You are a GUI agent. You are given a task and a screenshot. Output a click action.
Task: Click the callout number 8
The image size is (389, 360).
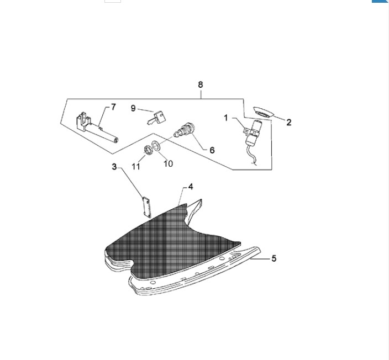[x=201, y=85]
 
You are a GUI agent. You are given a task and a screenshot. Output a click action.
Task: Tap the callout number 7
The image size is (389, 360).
[x=113, y=107]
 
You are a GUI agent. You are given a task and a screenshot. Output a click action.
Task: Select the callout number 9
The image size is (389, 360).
[x=133, y=108]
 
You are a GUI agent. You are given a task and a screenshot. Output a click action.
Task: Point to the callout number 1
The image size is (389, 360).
[x=226, y=118]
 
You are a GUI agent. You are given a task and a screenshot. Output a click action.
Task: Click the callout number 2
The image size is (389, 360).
[x=289, y=122]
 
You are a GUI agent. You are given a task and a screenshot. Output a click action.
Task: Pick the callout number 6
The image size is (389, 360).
[x=212, y=150]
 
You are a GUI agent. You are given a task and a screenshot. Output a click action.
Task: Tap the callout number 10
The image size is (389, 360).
[x=168, y=163]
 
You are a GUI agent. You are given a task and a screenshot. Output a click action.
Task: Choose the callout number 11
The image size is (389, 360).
[x=136, y=166]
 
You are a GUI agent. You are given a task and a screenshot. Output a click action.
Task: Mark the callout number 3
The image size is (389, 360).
[x=114, y=167]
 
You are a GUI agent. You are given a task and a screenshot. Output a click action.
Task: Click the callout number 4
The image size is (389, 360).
[x=191, y=187]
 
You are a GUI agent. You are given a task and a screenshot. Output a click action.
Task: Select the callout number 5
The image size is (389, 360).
[x=274, y=258]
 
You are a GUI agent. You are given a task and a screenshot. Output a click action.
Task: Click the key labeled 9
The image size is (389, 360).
[x=157, y=118]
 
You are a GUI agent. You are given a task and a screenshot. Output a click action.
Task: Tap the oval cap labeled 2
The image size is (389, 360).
[x=263, y=112]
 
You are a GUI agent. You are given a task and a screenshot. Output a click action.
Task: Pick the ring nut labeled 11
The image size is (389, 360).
[x=148, y=150]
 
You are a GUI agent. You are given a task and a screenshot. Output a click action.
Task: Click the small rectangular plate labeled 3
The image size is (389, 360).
[x=146, y=207]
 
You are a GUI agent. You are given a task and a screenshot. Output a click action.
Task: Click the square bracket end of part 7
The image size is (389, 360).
[x=83, y=121]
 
